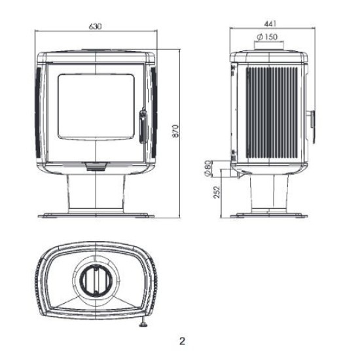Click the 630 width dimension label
[x=95, y=26]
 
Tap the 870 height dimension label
[x=175, y=131]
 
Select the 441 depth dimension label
[x=270, y=24]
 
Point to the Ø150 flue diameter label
[x=267, y=37]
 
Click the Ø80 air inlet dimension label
[x=207, y=168]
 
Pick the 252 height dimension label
[x=217, y=192]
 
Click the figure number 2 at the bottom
[x=182, y=341]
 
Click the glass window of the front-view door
[x=96, y=107]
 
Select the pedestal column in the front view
[x=96, y=193]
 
